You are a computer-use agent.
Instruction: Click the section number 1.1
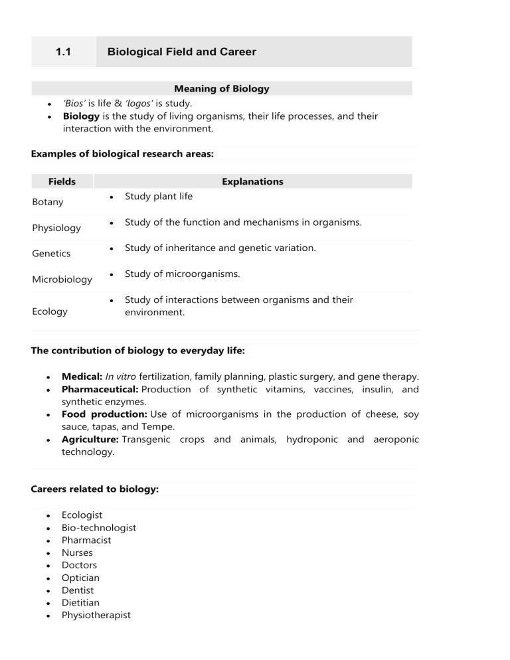click(x=64, y=52)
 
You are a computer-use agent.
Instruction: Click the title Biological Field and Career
click(x=181, y=52)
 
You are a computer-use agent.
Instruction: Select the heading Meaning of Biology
click(x=221, y=88)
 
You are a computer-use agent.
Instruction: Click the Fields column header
click(x=62, y=181)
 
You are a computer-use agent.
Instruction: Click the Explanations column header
click(x=252, y=181)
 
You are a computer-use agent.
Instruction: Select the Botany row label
click(x=47, y=203)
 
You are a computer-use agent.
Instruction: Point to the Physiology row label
click(x=56, y=228)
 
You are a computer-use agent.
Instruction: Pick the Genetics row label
click(x=50, y=253)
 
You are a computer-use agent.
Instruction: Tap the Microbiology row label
click(x=62, y=279)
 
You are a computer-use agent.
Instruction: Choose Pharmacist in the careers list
click(x=86, y=540)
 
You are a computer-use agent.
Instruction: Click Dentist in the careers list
click(x=78, y=590)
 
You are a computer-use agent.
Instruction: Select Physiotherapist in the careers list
click(x=96, y=615)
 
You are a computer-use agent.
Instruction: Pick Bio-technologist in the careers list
click(x=98, y=527)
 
